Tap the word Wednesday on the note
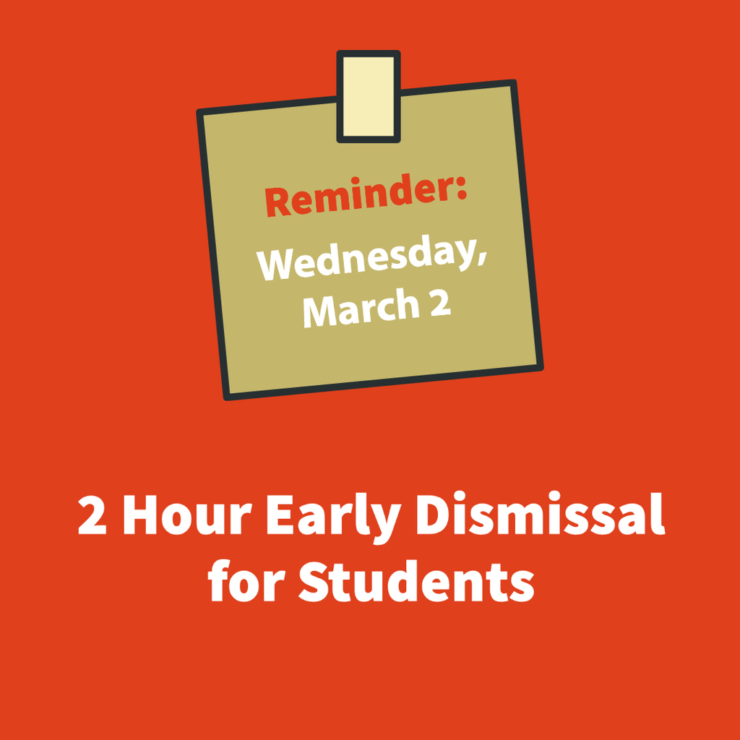pos(366,259)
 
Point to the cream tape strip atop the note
pos(369,96)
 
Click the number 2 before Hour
pos(92,515)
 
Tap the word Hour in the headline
pos(186,515)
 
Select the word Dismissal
pos(540,514)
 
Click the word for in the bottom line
pos(246,580)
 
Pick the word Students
pos(416,581)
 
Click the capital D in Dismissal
pos(434,515)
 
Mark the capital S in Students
pos(314,582)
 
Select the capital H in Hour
pos(139,515)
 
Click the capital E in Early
pos(280,515)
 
